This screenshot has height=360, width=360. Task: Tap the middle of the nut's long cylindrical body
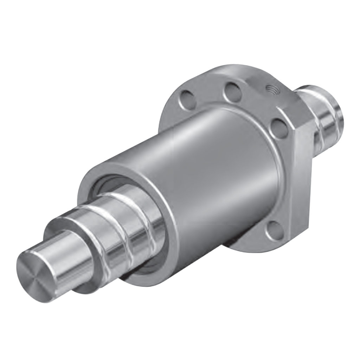[x=197, y=169]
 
